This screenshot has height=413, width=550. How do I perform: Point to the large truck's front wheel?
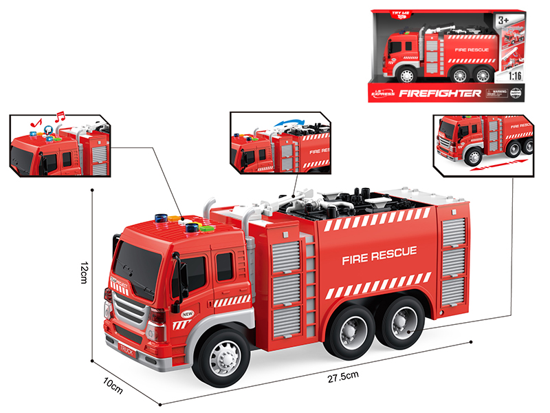coord(222,357)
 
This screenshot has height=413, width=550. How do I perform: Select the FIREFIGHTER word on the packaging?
coord(439,93)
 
